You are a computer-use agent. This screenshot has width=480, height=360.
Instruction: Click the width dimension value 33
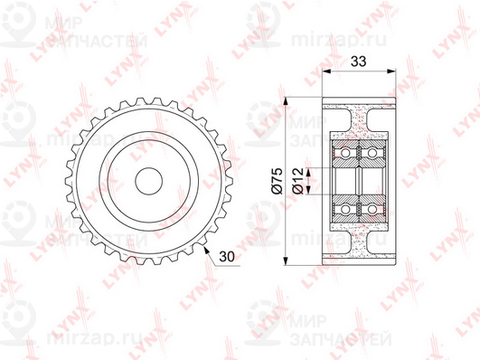tap(358, 62)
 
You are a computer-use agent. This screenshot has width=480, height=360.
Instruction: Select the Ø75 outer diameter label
tap(277, 181)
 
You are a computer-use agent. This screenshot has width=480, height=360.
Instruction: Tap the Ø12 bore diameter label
tap(298, 181)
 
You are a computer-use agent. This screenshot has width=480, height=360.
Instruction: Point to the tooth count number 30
tap(227, 257)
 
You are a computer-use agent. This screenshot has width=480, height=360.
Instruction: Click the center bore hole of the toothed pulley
tap(149, 181)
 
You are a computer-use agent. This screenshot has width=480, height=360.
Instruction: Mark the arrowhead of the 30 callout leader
tap(206, 250)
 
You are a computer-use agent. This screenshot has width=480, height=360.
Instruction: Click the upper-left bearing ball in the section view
tap(345, 152)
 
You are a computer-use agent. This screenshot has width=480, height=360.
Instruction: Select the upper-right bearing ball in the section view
tap(372, 152)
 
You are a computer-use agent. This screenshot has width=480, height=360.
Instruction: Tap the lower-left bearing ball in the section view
tap(345, 210)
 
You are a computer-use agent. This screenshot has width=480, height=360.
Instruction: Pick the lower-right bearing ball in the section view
tap(372, 210)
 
